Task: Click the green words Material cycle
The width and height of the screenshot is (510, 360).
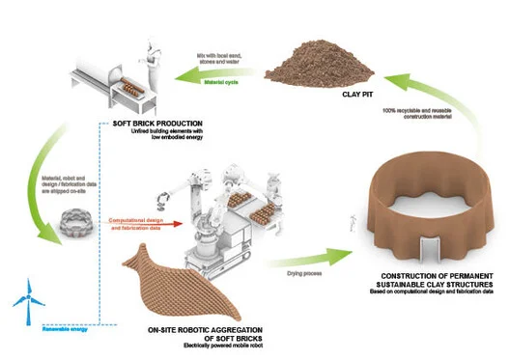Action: coord(221,82)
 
